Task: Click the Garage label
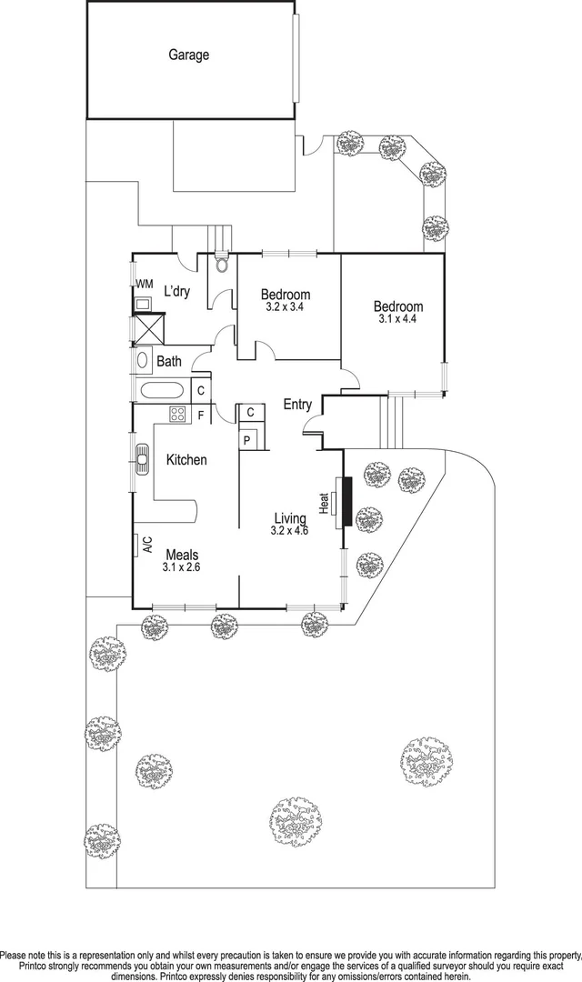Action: coord(188,55)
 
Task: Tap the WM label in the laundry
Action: coord(144,285)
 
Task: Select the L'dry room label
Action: coord(176,291)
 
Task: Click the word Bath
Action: coord(169,362)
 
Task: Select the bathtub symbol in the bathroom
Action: coord(164,391)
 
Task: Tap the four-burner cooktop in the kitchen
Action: coord(177,415)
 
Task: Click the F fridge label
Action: coord(200,416)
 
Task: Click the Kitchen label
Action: coord(186,460)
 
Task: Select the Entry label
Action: coord(297,405)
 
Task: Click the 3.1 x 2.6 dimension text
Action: coord(181,567)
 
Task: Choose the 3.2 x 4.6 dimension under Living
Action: coord(290,530)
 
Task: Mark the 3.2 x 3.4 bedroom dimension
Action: coord(286,307)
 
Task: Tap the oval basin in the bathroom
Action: coord(144,360)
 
